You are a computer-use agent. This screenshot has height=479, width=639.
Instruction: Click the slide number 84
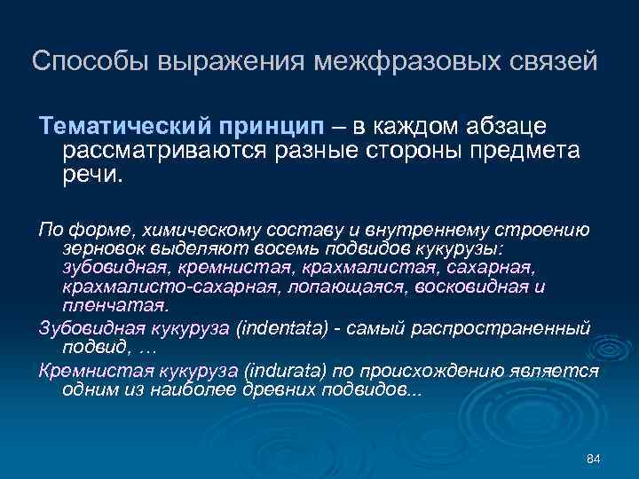pyautogui.click(x=595, y=458)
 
